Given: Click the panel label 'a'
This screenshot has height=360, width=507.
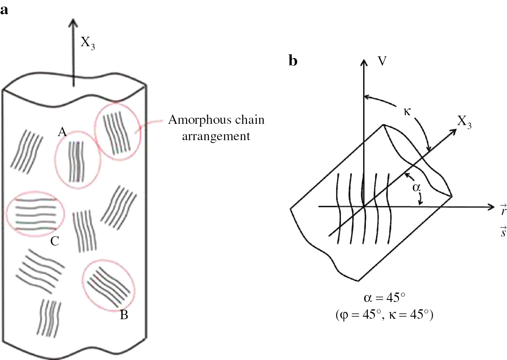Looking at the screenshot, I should pos(4,10).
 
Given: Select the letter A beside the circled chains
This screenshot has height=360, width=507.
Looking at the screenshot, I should pos(62,132).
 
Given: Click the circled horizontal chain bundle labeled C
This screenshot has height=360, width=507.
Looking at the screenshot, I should pos(36,212).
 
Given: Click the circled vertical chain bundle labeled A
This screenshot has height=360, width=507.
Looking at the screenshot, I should pos(77,160).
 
